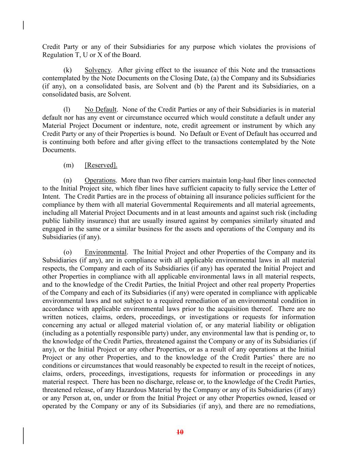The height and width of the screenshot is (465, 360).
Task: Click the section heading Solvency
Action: click(x=98, y=70)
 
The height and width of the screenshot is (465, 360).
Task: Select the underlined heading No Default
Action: click(x=100, y=110)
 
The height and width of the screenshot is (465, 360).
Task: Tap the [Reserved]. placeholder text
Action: click(x=101, y=165)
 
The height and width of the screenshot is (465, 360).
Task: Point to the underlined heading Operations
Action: click(x=100, y=180)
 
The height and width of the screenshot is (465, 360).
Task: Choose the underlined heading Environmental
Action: click(x=105, y=252)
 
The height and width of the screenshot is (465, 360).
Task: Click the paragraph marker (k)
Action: click(x=68, y=70)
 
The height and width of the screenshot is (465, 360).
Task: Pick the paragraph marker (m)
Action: click(x=68, y=165)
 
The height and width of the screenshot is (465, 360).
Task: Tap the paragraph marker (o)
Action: click(x=68, y=252)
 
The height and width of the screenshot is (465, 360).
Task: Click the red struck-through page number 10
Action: click(x=180, y=432)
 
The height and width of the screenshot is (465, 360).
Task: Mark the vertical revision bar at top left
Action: click(x=23, y=25)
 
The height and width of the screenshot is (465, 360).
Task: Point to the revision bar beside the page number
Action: click(x=23, y=436)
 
